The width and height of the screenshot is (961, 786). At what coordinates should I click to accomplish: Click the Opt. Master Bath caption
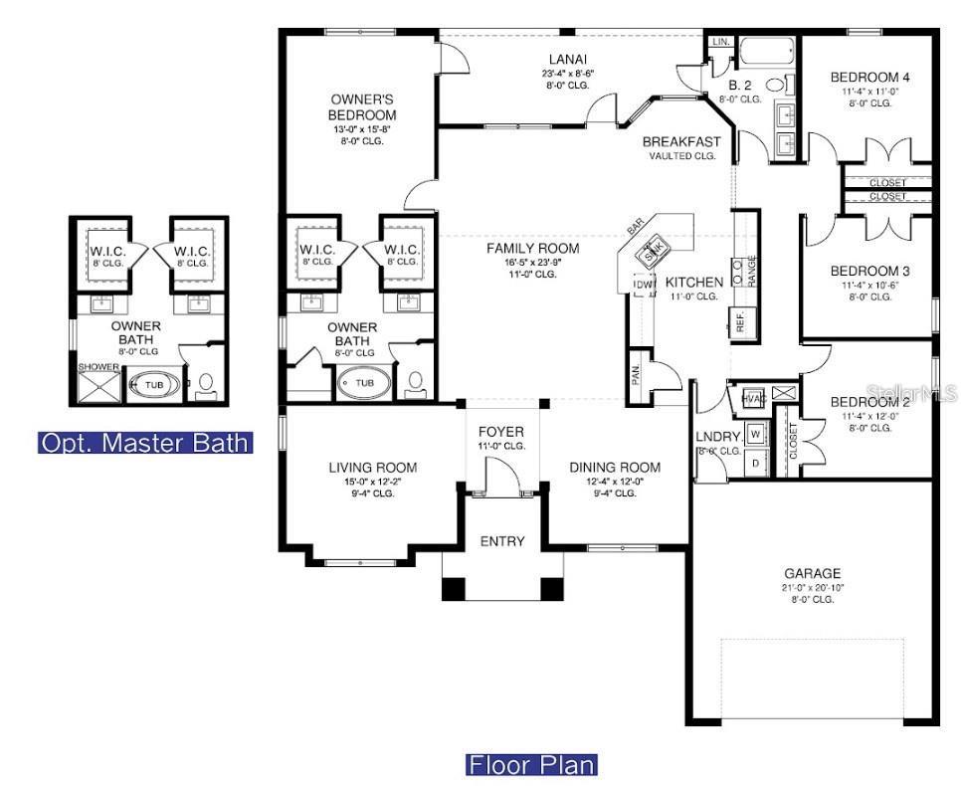pos(145,443)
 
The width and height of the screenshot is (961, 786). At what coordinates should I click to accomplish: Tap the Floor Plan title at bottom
pos(532,765)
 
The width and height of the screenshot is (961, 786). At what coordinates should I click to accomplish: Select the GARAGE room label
pos(812,573)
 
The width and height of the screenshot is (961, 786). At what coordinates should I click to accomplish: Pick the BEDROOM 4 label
pos(870,78)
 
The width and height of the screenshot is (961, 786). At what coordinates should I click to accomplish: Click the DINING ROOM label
pos(615,467)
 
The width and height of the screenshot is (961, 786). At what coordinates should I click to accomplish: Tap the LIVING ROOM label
pos(372,467)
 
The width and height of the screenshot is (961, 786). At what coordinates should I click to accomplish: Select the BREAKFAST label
pos(681,141)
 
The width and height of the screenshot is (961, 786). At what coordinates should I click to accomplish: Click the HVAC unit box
pos(752,397)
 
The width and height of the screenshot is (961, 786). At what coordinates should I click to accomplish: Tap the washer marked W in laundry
pos(755,435)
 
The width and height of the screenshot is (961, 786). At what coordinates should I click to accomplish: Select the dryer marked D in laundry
pos(755,462)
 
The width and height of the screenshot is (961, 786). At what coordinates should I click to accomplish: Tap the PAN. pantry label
pos(635,375)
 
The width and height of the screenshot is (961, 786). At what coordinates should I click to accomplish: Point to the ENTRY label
pos(502,541)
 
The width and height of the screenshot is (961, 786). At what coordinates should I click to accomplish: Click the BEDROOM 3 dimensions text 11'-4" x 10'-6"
pos(870,285)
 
